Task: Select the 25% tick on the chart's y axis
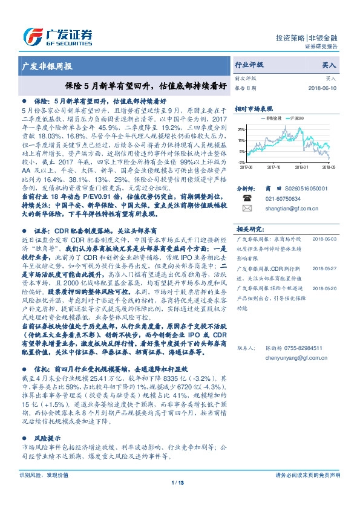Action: click(242, 130)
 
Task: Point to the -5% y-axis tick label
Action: click(242, 162)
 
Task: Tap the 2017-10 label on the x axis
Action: click(274, 166)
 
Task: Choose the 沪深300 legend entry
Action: click(300, 118)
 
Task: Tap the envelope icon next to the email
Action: click(247, 208)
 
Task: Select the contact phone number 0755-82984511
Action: click(304, 348)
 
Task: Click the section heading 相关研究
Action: click(247, 229)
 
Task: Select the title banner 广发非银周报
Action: click(47, 65)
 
